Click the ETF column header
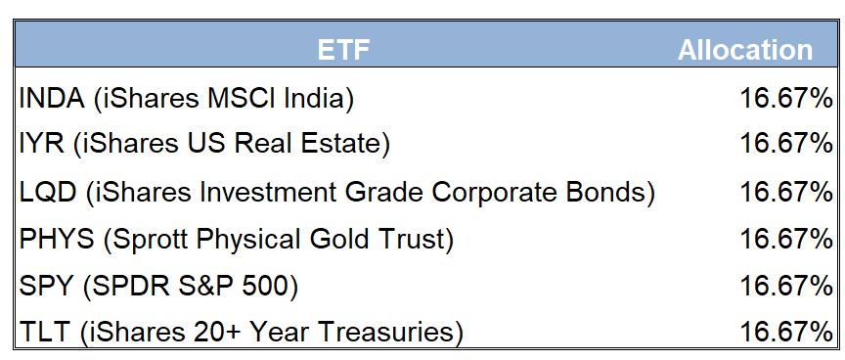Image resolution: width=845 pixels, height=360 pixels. pyautogui.click(x=343, y=50)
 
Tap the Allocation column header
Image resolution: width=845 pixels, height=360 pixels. pyautogui.click(x=745, y=50)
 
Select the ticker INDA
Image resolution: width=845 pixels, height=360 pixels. pyautogui.click(x=52, y=98)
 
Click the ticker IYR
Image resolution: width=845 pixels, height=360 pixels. pyautogui.click(x=41, y=143)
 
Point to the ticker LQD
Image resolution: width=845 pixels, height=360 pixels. pyautogui.click(x=48, y=192)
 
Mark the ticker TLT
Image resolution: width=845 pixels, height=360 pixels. pyautogui.click(x=45, y=332)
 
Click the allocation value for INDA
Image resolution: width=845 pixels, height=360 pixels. pyautogui.click(x=786, y=98)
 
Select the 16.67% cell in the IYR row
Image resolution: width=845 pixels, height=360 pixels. pyautogui.click(x=786, y=143)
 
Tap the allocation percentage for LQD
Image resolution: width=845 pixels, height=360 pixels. pyautogui.click(x=786, y=192)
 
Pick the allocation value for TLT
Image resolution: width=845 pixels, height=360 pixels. pyautogui.click(x=786, y=332)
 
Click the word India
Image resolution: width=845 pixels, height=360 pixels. pyautogui.click(x=313, y=98)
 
